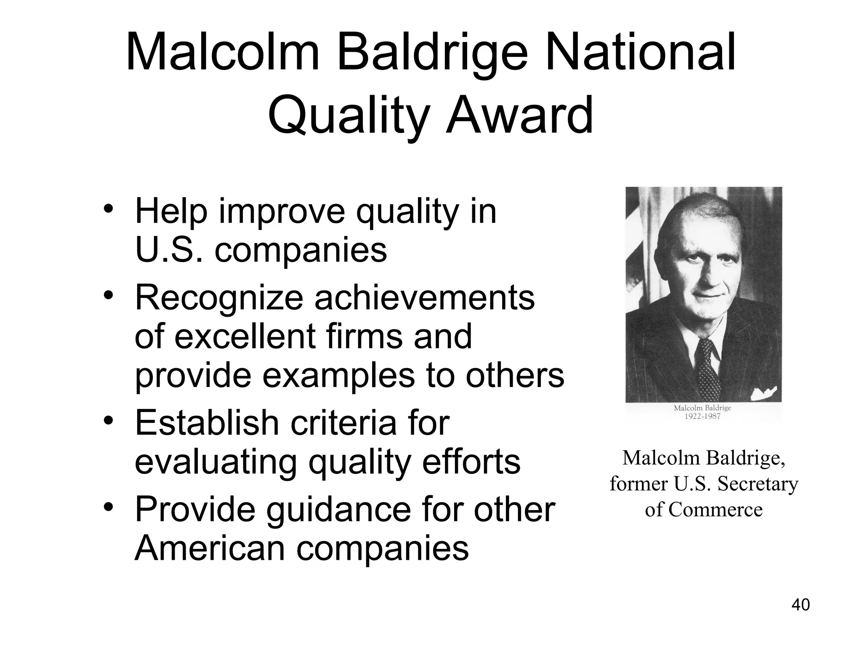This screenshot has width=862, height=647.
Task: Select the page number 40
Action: [801, 604]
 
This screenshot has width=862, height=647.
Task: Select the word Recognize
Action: [218, 298]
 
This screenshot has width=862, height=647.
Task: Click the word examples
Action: [338, 375]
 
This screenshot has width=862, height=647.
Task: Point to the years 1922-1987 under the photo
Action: [702, 417]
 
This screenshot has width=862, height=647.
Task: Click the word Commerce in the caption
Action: [715, 510]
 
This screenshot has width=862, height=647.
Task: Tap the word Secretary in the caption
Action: [758, 484]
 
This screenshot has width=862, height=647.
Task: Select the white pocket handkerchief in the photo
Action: [763, 394]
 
